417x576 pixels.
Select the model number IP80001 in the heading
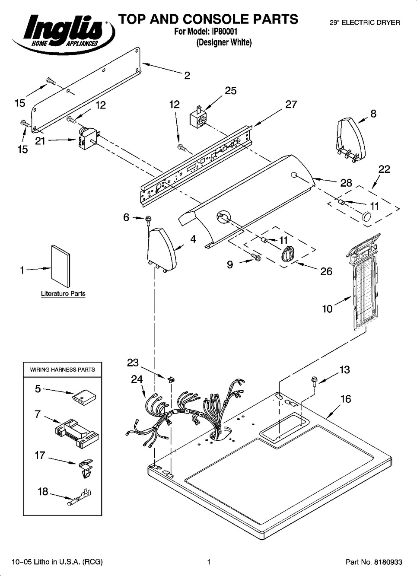[x=225, y=32]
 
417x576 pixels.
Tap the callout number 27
[x=291, y=104]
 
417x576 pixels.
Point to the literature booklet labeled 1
[x=60, y=266]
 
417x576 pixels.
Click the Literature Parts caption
[x=63, y=294]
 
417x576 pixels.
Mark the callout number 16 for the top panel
[x=346, y=399]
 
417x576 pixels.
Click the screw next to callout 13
[x=314, y=381]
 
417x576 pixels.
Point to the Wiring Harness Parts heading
[x=62, y=370]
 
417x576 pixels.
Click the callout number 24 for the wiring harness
[x=137, y=379]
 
